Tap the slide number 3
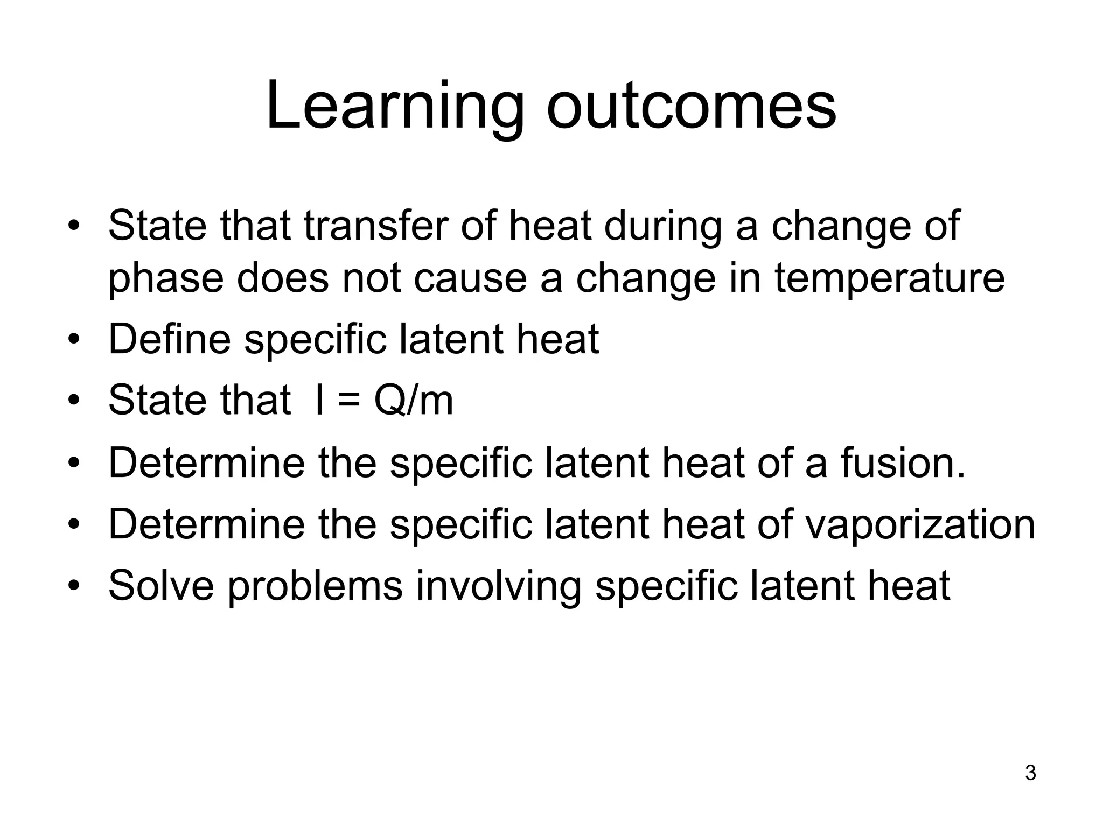[x=1030, y=773]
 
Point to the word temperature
[x=889, y=279]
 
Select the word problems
[x=315, y=587]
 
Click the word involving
[x=499, y=587]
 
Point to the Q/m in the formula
[x=414, y=401]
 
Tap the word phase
[x=166, y=279]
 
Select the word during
[x=662, y=226]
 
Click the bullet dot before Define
[x=74, y=340]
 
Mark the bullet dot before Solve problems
[x=74, y=585]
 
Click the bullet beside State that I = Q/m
[x=74, y=401]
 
